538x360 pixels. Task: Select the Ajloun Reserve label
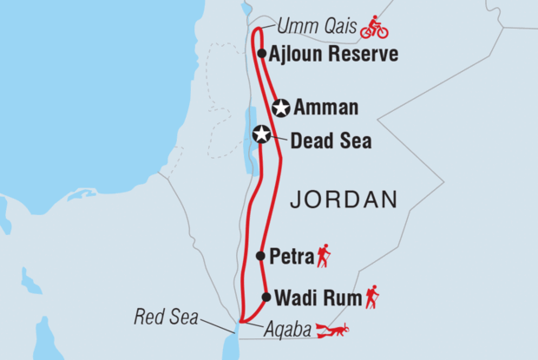pos(333,54)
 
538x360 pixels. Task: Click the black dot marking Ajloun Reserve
pos(261,54)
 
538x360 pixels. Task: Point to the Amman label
pos(325,108)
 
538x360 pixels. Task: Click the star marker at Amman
pos(280,108)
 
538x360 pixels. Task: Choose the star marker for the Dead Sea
pos(261,134)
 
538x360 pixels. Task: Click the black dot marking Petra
pos(261,256)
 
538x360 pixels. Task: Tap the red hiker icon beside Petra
pos(323,255)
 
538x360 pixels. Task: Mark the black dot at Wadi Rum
pos(266,298)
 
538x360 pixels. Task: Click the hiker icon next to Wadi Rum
pos(371,297)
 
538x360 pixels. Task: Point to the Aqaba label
pos(285,330)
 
